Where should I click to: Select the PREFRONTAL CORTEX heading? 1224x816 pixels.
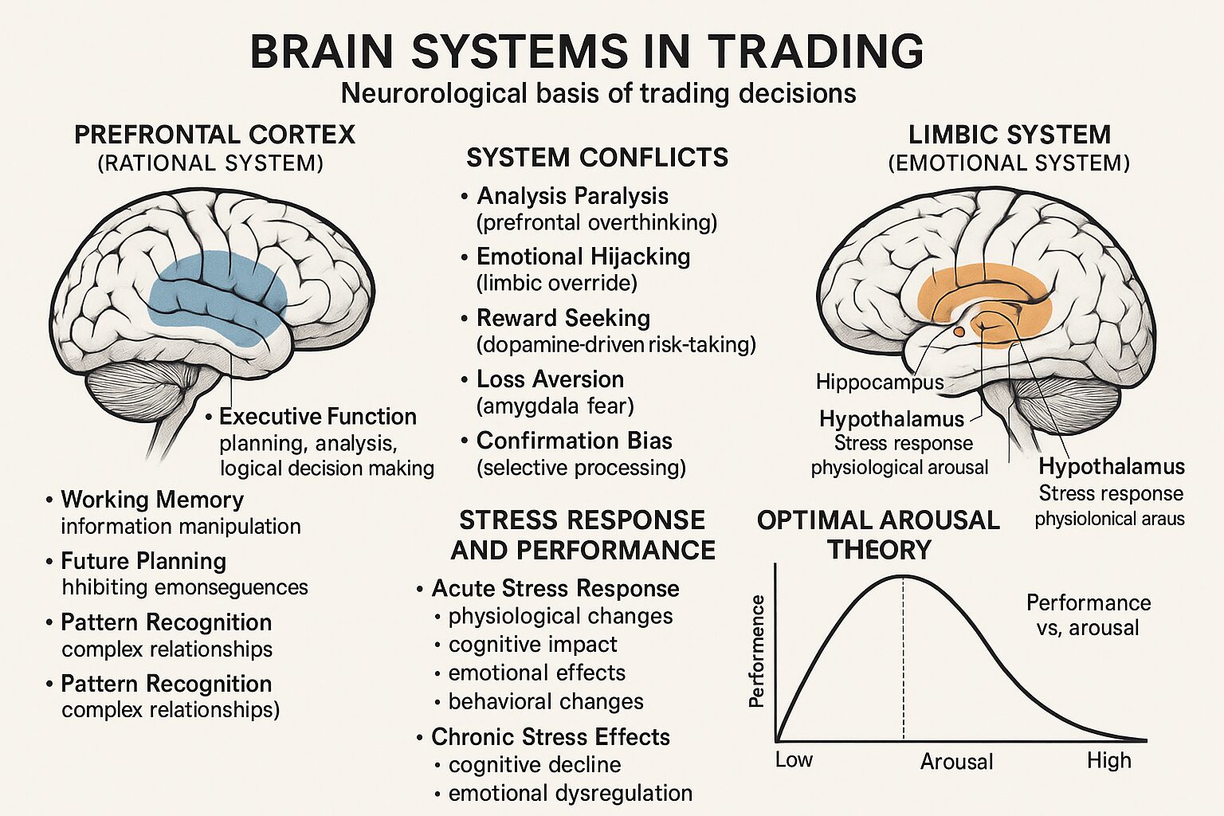214,134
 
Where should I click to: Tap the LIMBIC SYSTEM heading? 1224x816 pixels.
1009,134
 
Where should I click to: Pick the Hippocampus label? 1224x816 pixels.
879,382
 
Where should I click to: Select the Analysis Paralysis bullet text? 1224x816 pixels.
572,196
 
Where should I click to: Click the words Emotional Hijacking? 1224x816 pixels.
583,257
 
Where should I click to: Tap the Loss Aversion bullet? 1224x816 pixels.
550,379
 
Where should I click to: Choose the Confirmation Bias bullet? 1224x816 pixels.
574,441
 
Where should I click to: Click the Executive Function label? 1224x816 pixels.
317,416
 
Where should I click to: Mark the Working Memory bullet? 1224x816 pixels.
151,500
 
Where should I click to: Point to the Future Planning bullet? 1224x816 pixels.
143,561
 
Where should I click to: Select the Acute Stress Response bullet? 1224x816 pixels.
555,588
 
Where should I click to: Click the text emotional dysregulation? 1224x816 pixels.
570,793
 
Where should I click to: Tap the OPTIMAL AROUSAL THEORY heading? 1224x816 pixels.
878,535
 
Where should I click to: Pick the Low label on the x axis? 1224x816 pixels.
794,759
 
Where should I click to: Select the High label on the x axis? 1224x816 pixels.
1108,760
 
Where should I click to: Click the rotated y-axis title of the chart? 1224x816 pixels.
757,651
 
